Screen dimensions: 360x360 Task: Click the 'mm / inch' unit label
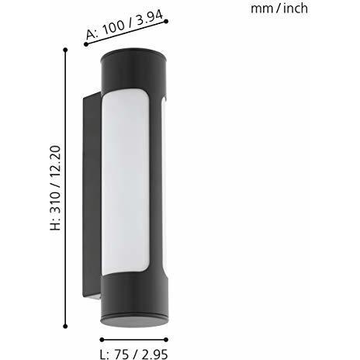280,9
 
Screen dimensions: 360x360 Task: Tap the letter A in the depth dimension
91,36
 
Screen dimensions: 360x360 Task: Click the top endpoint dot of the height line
66,50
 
